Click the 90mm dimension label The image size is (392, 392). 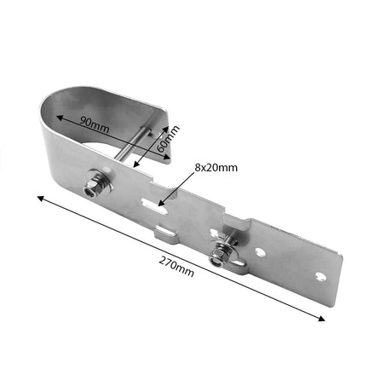click(x=94, y=124)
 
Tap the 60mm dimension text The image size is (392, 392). click(x=168, y=138)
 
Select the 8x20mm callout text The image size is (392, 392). click(x=216, y=168)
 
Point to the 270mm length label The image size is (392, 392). click(x=176, y=266)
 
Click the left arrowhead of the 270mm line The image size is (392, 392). click(x=40, y=198)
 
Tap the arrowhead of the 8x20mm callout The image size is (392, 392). click(x=161, y=203)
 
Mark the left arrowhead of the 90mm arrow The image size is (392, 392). click(x=59, y=118)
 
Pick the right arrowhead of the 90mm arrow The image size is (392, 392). click(x=167, y=157)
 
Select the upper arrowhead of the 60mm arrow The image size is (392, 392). click(x=165, y=130)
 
